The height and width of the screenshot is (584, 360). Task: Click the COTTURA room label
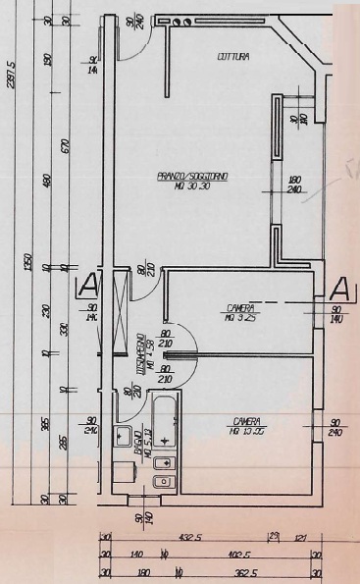pyautogui.click(x=231, y=58)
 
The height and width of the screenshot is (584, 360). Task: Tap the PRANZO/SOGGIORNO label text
pyautogui.click(x=192, y=176)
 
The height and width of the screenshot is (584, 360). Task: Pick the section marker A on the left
pyautogui.click(x=86, y=287)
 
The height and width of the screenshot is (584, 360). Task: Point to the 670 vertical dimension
pyautogui.click(x=64, y=146)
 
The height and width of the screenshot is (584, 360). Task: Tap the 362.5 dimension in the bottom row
pyautogui.click(x=240, y=572)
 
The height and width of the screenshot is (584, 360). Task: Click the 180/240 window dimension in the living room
pyautogui.click(x=293, y=186)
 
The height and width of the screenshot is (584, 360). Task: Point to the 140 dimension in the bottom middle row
pyautogui.click(x=136, y=555)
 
